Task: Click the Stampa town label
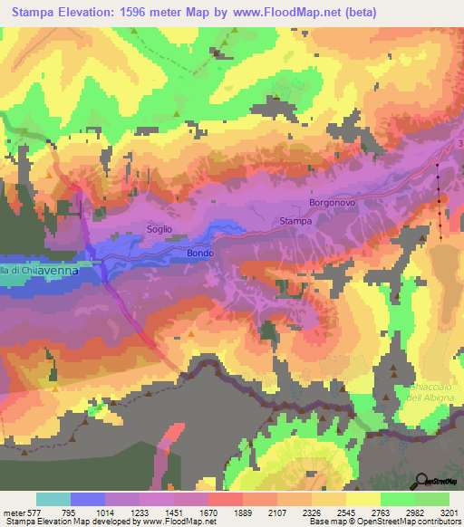click(295, 220)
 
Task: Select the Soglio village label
click(159, 229)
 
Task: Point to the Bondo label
click(200, 253)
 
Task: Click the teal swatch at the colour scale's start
click(53, 499)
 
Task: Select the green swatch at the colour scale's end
click(432, 499)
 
